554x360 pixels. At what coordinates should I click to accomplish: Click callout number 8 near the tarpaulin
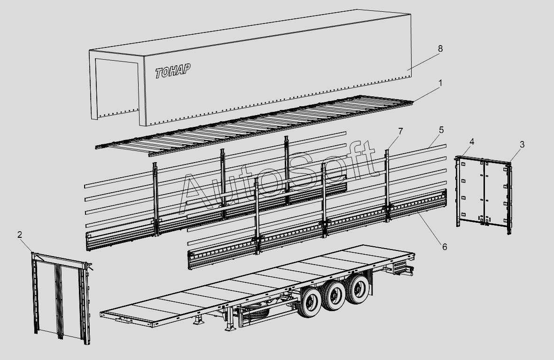tap(440, 48)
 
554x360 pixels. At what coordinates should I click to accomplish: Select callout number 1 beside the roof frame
tap(440, 83)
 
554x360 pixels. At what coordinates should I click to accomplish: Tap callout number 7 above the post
tap(400, 132)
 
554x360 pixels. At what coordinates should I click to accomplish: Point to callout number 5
tap(441, 130)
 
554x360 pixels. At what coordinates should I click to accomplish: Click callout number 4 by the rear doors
tap(472, 141)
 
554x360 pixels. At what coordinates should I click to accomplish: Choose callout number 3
tap(522, 144)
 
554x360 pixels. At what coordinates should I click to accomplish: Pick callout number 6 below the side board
tap(445, 247)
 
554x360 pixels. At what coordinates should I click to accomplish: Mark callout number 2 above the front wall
tap(20, 235)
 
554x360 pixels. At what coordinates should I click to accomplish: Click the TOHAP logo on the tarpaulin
tap(173, 70)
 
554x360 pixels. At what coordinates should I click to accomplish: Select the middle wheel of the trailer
tap(334, 295)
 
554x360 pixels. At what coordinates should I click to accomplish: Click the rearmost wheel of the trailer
tap(358, 289)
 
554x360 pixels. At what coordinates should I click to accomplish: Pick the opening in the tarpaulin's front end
tap(117, 86)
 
